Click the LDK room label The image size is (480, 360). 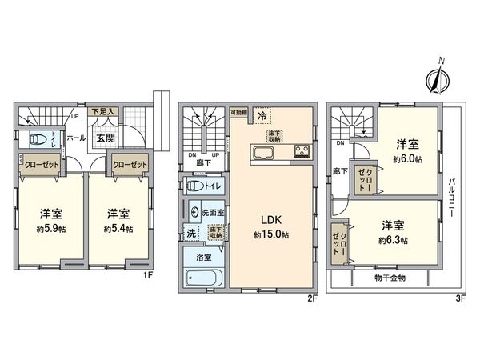pyautogui.click(x=266, y=217)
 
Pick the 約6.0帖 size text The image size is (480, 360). pyautogui.click(x=408, y=160)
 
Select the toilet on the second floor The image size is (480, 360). pyautogui.click(x=194, y=186)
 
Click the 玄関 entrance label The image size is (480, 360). pyautogui.click(x=105, y=138)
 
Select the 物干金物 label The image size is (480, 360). pyautogui.click(x=390, y=278)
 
